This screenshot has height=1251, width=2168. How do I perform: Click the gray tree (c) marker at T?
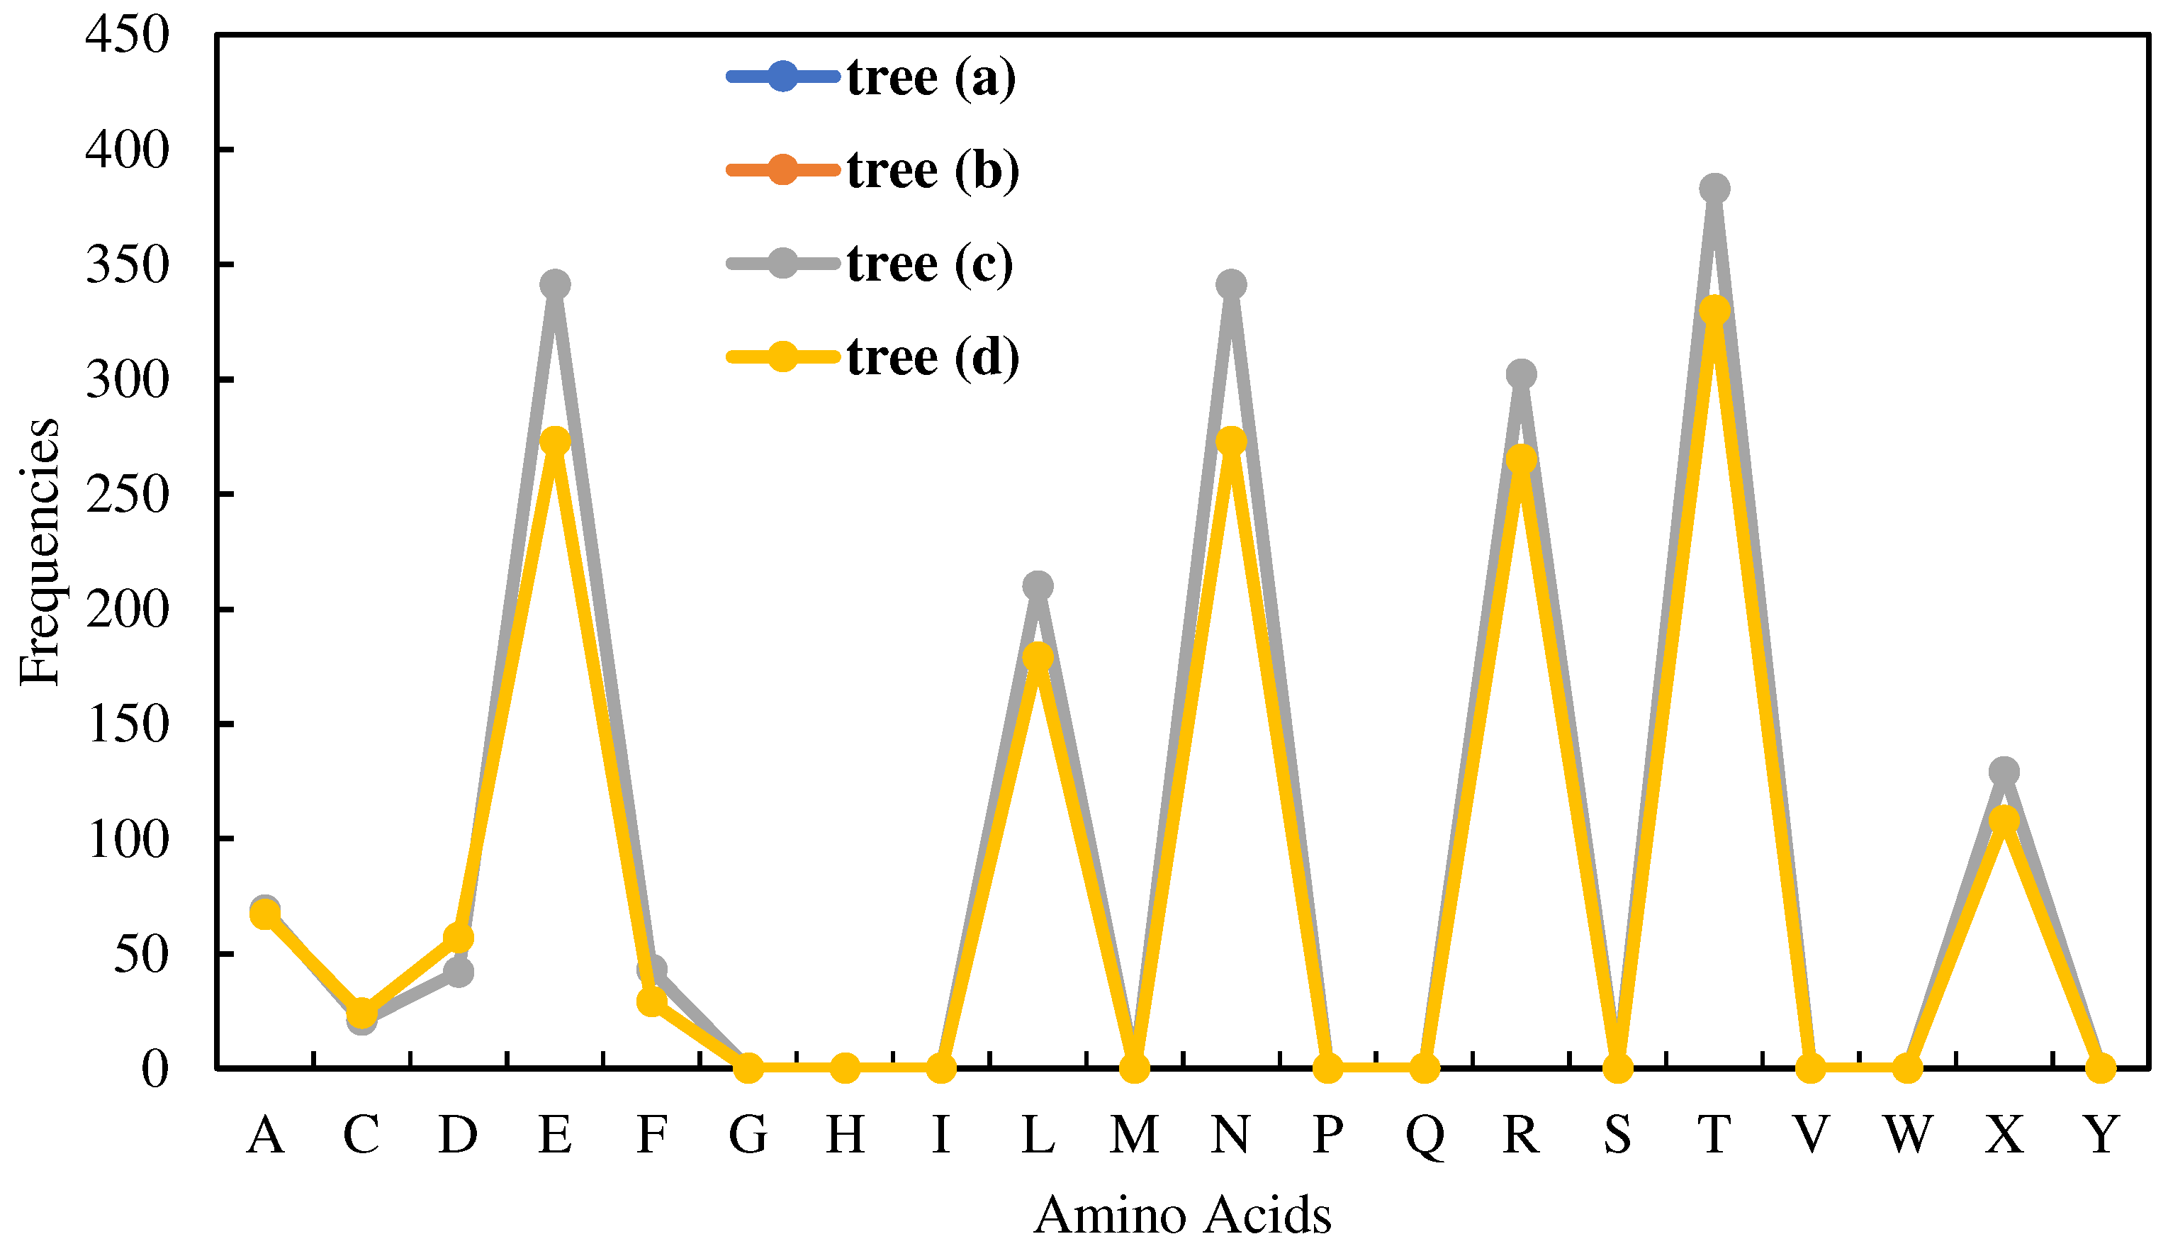(x=1714, y=188)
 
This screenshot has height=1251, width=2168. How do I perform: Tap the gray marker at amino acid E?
(x=555, y=284)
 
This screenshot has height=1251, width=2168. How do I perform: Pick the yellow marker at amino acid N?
(x=1231, y=442)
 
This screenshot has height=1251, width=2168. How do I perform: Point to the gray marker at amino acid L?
(x=1038, y=586)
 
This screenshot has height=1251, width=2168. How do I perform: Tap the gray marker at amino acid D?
(x=459, y=972)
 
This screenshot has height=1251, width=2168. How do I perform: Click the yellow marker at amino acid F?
(x=652, y=1001)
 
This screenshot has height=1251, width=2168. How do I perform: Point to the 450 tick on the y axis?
(x=127, y=36)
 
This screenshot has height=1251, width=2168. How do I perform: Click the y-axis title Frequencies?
(x=40, y=551)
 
